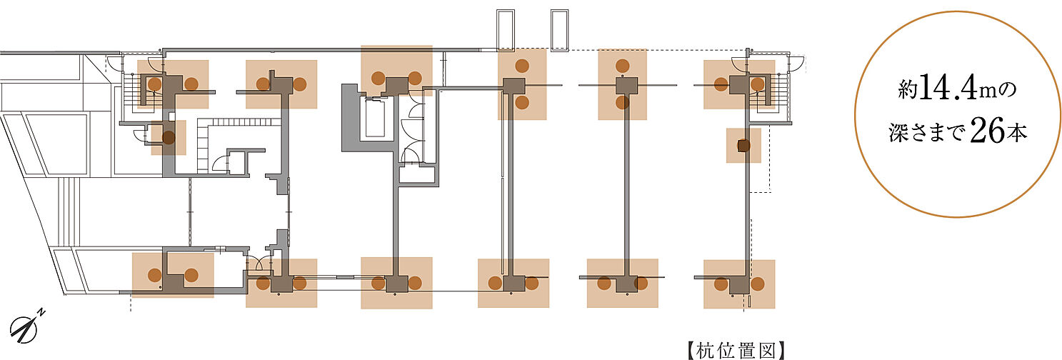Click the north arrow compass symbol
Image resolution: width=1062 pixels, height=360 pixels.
tap(27, 329)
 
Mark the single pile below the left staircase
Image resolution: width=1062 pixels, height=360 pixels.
tap(169, 138)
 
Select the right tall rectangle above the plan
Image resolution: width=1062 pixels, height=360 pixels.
tap(558, 29)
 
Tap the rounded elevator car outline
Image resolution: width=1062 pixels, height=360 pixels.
tap(376, 120)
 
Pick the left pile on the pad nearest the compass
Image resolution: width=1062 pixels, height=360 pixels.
tap(154, 275)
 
